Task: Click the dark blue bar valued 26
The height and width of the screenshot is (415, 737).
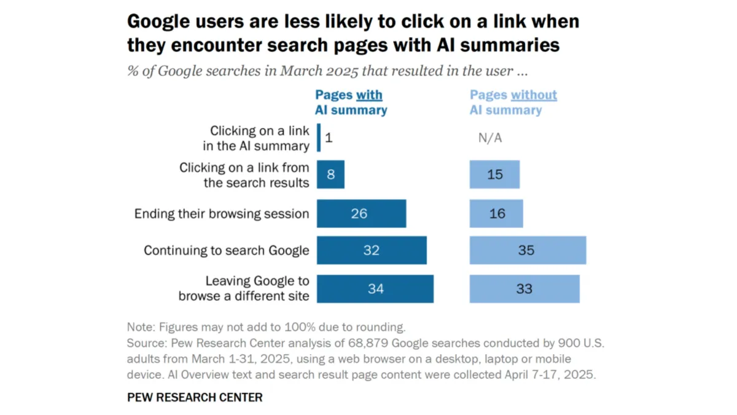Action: point(361,213)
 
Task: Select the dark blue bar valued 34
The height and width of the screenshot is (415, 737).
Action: point(375,288)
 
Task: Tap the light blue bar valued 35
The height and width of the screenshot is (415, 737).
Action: point(528,250)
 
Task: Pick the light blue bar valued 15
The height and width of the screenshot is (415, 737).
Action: point(494,175)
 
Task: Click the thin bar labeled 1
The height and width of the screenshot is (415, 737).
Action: point(319,138)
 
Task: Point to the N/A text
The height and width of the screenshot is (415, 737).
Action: point(489,138)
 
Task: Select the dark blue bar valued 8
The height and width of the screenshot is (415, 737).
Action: point(330,175)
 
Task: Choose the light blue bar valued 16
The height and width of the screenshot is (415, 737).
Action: point(496,213)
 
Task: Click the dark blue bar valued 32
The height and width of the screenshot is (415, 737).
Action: point(372,250)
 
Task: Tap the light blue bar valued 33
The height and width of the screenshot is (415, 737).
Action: point(524,288)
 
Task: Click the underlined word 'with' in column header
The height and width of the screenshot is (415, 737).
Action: point(368,95)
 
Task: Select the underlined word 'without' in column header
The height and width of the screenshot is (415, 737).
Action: point(534,95)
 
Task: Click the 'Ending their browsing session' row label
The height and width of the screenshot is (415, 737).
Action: point(221,214)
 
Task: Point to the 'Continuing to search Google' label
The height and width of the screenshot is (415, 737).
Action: point(226,251)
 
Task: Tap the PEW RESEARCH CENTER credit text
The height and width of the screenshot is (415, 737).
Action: point(195,397)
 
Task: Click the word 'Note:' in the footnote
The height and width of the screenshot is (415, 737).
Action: point(141,326)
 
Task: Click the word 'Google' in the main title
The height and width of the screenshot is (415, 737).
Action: point(161,22)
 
